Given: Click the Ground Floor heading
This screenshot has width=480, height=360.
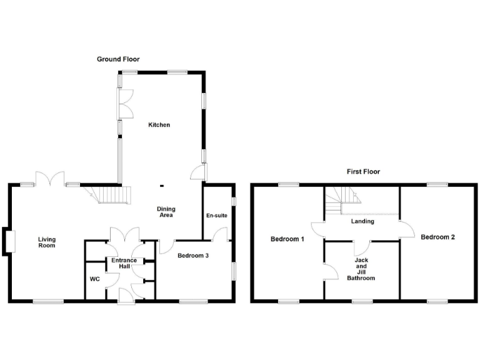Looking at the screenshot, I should pyautogui.click(x=118, y=59).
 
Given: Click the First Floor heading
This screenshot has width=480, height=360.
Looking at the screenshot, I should pyautogui.click(x=363, y=171).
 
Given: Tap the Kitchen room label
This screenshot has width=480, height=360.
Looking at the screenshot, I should pyautogui.click(x=159, y=125).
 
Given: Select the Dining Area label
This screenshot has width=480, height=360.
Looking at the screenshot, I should pyautogui.click(x=166, y=212).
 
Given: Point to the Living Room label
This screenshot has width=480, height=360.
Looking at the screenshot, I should pyautogui.click(x=46, y=242).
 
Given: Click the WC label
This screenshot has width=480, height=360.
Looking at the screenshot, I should pyautogui.click(x=95, y=279).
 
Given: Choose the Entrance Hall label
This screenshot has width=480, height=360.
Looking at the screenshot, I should pyautogui.click(x=124, y=263).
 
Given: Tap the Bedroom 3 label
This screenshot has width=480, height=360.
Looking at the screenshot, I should pyautogui.click(x=193, y=256).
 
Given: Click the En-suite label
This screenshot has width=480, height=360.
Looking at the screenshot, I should pyautogui.click(x=216, y=216).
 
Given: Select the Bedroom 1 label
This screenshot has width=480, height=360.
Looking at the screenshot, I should pyautogui.click(x=287, y=239).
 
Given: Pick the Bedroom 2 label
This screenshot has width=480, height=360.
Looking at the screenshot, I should pyautogui.click(x=437, y=237).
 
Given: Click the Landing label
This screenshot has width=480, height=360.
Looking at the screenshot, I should pyautogui.click(x=362, y=221).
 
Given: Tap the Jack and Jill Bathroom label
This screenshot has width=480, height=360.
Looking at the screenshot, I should pyautogui.click(x=361, y=269).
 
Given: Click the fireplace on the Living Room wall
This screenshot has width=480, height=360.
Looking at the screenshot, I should pyautogui.click(x=9, y=241).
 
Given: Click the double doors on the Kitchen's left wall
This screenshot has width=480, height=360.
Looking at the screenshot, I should pyautogui.click(x=125, y=103).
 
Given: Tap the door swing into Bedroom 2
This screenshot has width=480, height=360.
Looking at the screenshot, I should pyautogui.click(x=407, y=229).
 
